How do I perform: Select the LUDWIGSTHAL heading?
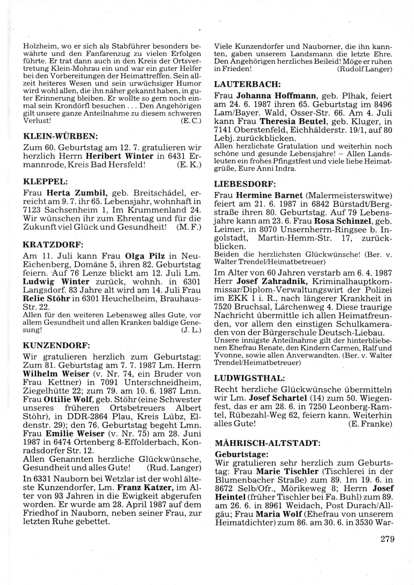(x=249, y=378)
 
